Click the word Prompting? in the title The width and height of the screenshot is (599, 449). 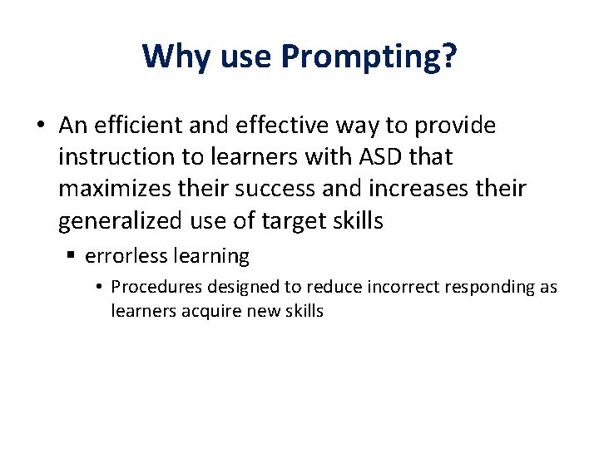369,57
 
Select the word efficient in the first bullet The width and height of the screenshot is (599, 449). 136,126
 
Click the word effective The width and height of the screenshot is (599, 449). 272,126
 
